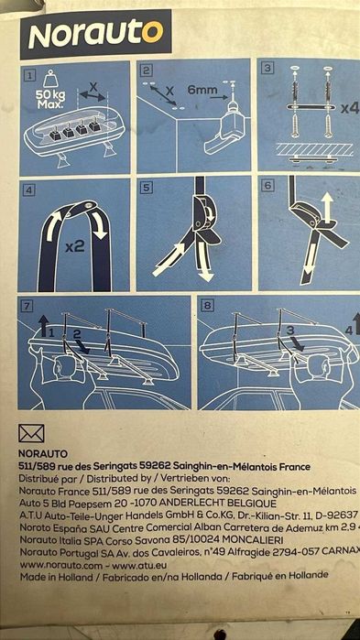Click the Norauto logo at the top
pos(96,35)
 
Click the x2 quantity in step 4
pos(75,244)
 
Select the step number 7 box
pos(28,305)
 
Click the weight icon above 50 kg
pos(51,79)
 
